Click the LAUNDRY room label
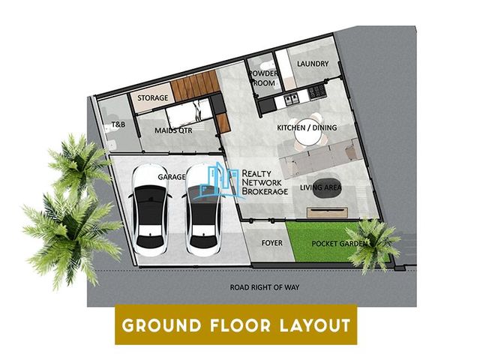coord(313,64)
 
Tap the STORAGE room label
coord(153,98)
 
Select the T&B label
coord(118,124)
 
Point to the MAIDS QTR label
coord(173,130)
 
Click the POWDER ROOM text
coord(263,78)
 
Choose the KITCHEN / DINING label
coord(307,127)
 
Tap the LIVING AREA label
coord(321,187)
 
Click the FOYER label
coord(271,243)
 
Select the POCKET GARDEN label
coord(339,244)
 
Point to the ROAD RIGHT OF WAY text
coord(265,287)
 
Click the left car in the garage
coord(150,210)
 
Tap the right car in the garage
coord(203,210)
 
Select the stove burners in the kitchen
coord(316,91)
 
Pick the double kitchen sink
coord(291,100)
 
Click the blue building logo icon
coord(219,180)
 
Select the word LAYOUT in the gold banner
coord(315,325)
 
